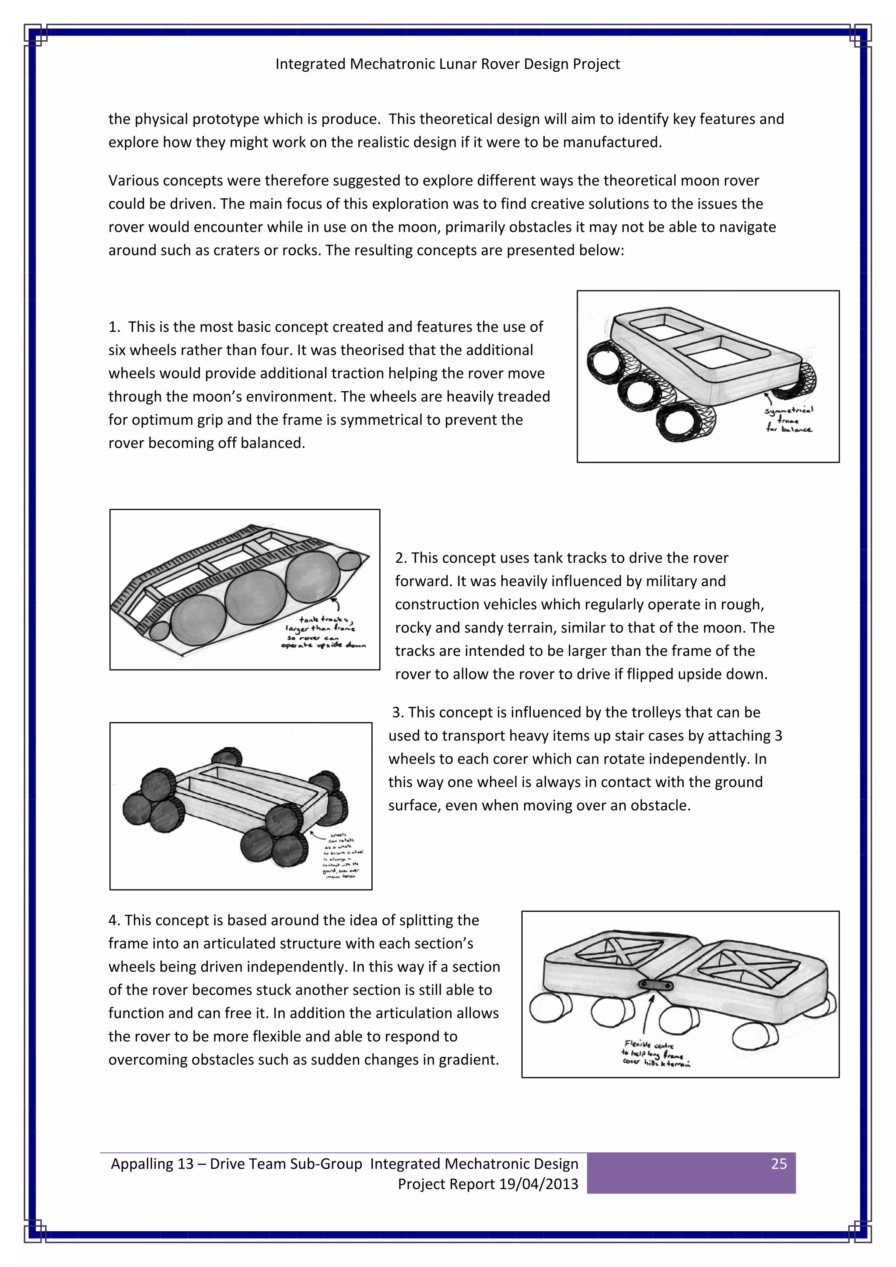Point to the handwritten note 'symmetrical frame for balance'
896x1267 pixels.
pos(789,420)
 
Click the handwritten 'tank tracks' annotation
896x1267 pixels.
pos(324,620)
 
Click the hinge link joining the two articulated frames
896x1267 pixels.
pos(655,984)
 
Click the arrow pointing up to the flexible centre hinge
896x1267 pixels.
pos(649,1014)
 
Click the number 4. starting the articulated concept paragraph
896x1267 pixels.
pos(114,920)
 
